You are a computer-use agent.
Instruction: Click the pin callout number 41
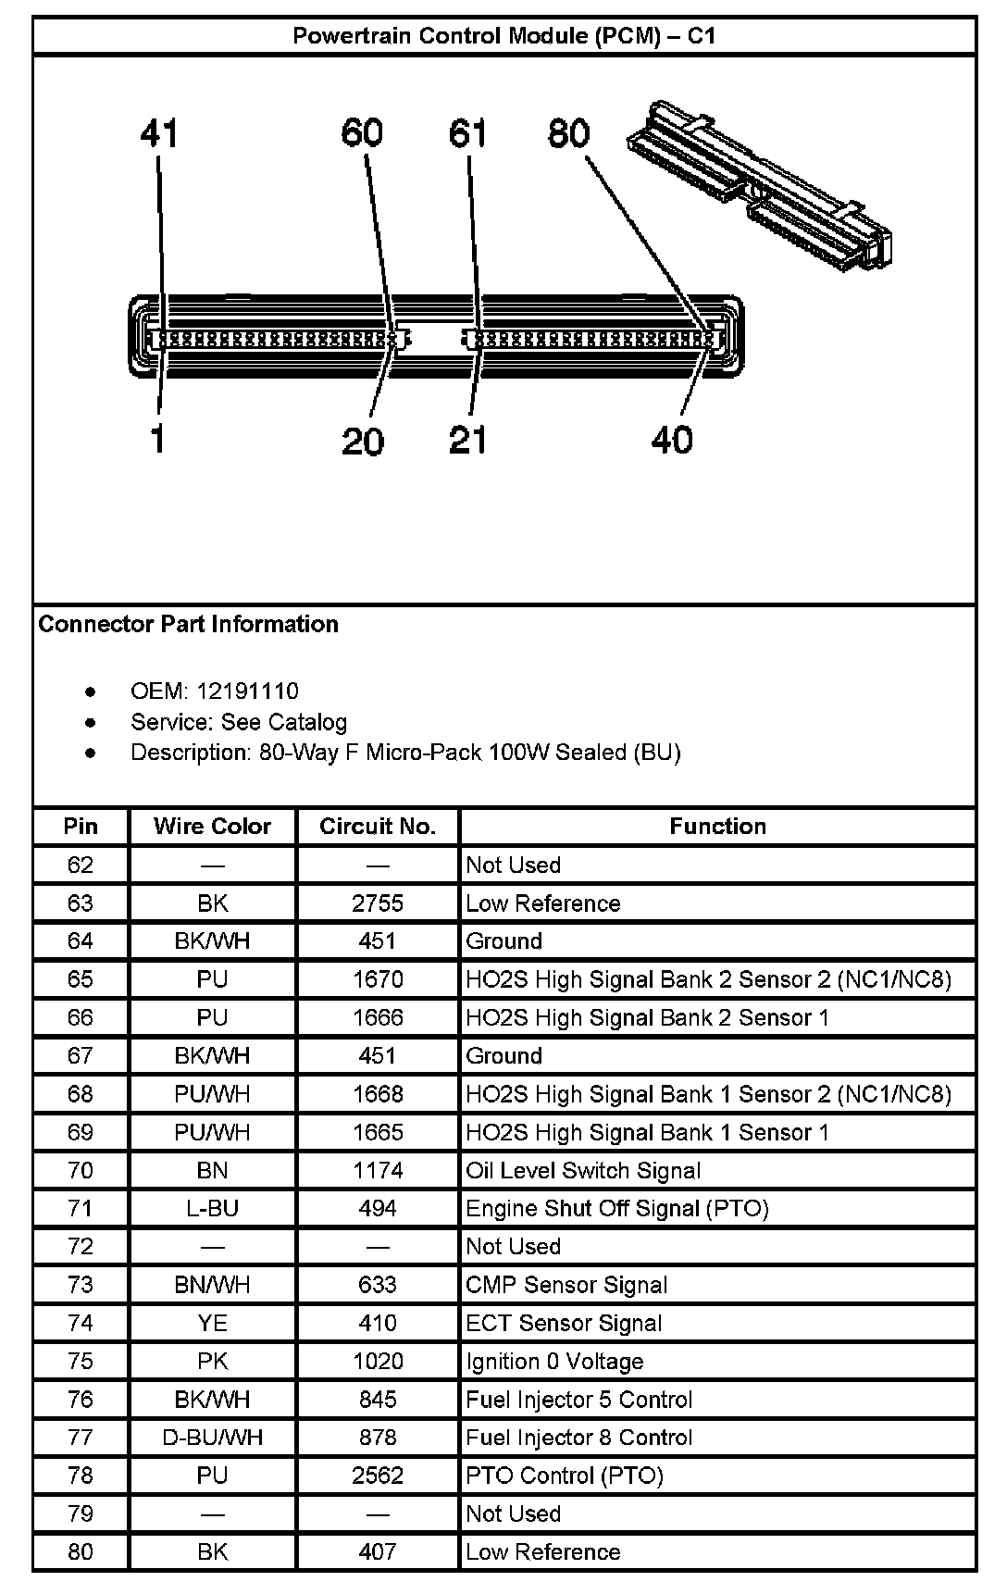click(159, 134)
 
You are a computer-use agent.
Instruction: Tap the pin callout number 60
click(362, 133)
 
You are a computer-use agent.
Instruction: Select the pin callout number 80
click(568, 133)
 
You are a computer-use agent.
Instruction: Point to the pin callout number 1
click(158, 439)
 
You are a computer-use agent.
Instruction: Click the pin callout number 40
click(672, 440)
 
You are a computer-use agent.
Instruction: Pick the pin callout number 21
click(467, 440)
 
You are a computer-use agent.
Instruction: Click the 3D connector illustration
click(761, 184)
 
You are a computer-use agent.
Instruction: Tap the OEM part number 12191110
click(247, 691)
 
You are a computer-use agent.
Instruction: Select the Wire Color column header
click(212, 827)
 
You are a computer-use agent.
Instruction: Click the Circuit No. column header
click(378, 827)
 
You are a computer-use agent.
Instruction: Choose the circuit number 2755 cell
click(378, 903)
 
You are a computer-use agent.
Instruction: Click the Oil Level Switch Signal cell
click(583, 1171)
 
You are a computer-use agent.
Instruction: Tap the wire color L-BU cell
click(212, 1209)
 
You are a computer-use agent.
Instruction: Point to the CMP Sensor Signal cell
click(566, 1285)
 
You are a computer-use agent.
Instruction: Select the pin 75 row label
click(81, 1362)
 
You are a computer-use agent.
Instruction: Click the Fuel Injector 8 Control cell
click(579, 1438)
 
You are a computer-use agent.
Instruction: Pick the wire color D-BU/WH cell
click(212, 1438)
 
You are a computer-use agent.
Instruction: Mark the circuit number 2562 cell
click(378, 1476)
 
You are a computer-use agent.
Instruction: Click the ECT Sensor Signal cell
click(564, 1324)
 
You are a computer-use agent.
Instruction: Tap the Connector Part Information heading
click(189, 625)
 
